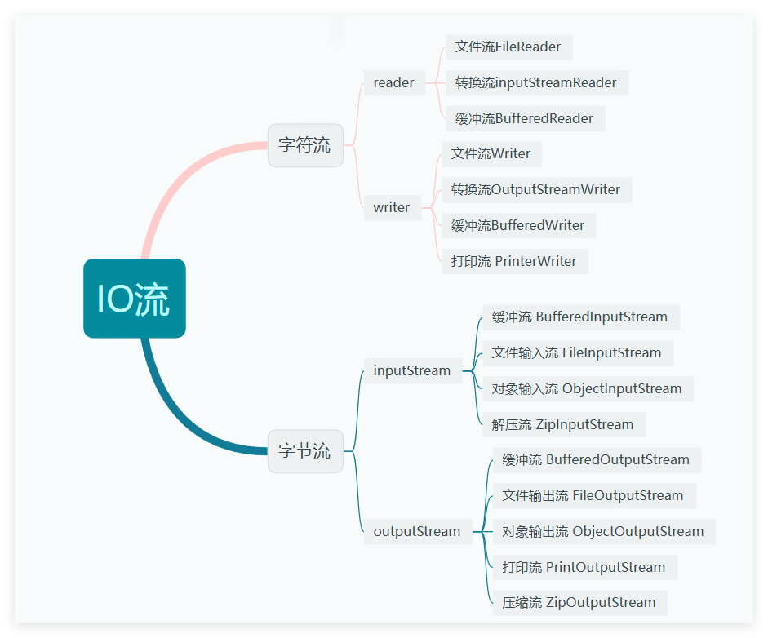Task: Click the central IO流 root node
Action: pos(135,299)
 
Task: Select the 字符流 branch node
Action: pos(305,145)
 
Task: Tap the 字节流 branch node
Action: pos(305,450)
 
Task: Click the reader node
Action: pos(394,82)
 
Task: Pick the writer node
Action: pos(392,207)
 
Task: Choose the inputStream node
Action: pos(412,370)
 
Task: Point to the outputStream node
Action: pos(417,531)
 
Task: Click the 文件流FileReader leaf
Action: pos(508,47)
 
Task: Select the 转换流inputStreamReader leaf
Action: pos(536,82)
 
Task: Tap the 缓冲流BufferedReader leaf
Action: pos(525,118)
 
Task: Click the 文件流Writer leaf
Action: pos(491,153)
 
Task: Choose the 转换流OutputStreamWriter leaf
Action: pos(536,189)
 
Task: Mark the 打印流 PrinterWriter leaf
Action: pos(514,261)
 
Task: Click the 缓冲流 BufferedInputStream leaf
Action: pos(580,317)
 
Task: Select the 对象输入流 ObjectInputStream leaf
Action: pos(587,388)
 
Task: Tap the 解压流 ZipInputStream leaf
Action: pos(563,424)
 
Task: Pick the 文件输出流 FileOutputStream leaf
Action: pos(593,495)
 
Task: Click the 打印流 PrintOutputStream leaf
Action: pos(584,567)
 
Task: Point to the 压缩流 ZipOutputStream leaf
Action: pos(579,602)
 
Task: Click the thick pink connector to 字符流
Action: pos(175,179)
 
